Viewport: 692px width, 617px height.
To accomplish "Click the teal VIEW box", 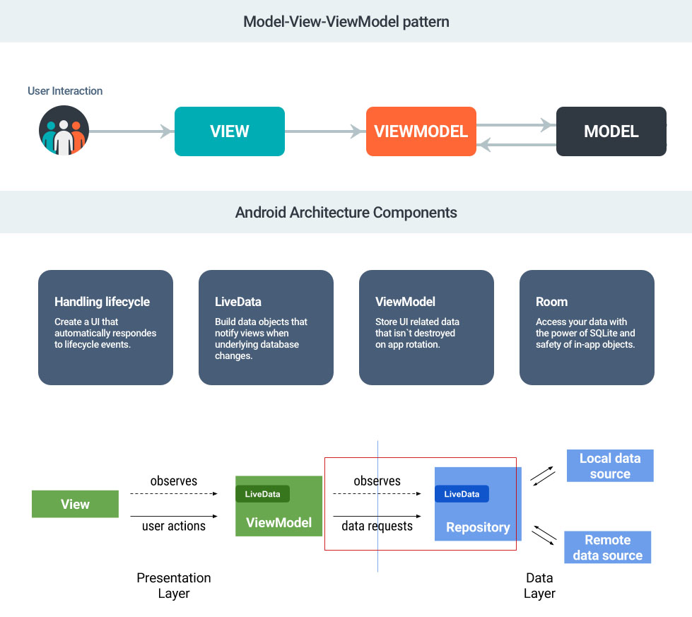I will pyautogui.click(x=230, y=131).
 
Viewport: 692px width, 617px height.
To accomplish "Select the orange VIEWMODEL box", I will pyautogui.click(x=421, y=131).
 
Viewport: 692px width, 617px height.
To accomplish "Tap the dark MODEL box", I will pyautogui.click(x=611, y=131).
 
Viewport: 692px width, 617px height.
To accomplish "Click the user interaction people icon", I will pyautogui.click(x=64, y=131).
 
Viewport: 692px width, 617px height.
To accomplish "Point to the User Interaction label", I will pyautogui.click(x=65, y=91).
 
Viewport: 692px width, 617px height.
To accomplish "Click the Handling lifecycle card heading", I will pyautogui.click(x=102, y=302).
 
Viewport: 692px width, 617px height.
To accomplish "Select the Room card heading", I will pyautogui.click(x=552, y=302).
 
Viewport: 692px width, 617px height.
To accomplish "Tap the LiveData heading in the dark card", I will pyautogui.click(x=238, y=302).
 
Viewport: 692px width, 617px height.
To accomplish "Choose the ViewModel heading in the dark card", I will pyautogui.click(x=405, y=302).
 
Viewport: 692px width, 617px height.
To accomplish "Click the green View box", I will pyautogui.click(x=75, y=505).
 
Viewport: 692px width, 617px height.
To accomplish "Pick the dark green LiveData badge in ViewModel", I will pyautogui.click(x=262, y=494).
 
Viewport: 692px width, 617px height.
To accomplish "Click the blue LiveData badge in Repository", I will pyautogui.click(x=462, y=494).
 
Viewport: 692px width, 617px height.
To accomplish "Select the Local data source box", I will pyautogui.click(x=610, y=466).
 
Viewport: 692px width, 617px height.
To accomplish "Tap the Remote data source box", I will pyautogui.click(x=608, y=548).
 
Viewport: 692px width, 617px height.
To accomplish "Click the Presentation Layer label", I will pyautogui.click(x=174, y=585).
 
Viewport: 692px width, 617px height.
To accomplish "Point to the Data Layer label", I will pyautogui.click(x=539, y=585).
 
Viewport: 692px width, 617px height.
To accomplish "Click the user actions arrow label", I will pyautogui.click(x=174, y=526).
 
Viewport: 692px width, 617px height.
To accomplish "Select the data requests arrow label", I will pyautogui.click(x=377, y=526).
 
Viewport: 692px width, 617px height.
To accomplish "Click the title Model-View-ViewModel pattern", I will pyautogui.click(x=346, y=21).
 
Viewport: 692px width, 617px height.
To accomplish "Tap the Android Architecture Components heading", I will pyautogui.click(x=346, y=212).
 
